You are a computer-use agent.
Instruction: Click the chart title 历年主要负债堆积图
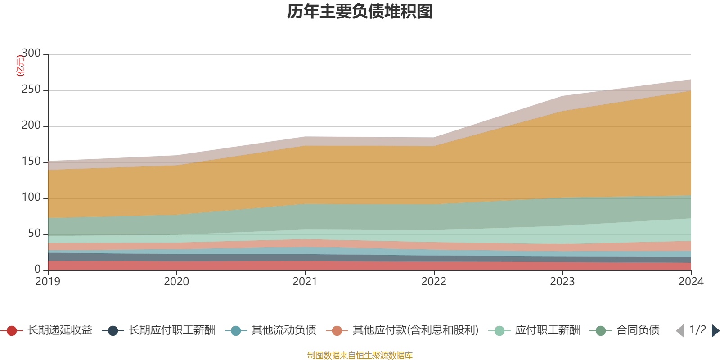[360, 12]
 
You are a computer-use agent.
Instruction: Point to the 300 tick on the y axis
[31, 54]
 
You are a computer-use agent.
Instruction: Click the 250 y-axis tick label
[31, 90]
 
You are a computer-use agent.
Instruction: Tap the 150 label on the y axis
[31, 162]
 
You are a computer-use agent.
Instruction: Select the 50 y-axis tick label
[34, 234]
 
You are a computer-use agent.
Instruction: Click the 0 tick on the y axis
[38, 270]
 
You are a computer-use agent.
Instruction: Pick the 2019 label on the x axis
[48, 282]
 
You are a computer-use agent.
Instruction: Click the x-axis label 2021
[305, 282]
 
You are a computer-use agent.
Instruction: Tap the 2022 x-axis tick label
[434, 282]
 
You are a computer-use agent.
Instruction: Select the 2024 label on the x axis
[691, 282]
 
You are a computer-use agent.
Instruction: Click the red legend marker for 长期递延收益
[12, 331]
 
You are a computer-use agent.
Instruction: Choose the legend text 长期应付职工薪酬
[172, 331]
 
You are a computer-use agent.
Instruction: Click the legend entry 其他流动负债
[283, 331]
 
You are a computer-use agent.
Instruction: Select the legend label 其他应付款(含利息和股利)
[415, 331]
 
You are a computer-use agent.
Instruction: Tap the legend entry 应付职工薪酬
[547, 331]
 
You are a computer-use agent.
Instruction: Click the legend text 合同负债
[638, 331]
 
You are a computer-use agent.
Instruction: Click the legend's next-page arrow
[715, 331]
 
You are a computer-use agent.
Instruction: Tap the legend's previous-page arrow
[680, 331]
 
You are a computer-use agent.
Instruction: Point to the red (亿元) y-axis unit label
[20, 66]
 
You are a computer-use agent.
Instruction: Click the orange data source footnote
[360, 355]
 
